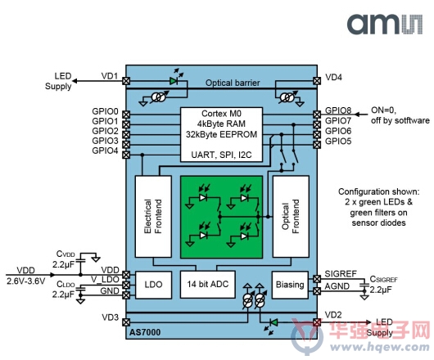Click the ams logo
click(385, 24)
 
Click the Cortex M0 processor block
click(221, 134)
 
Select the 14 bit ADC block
click(208, 284)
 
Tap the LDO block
click(153, 285)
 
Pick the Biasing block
click(290, 285)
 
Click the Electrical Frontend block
click(153, 217)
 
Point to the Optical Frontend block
click(291, 217)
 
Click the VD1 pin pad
click(126, 81)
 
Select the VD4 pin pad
click(317, 81)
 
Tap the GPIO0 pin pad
click(126, 115)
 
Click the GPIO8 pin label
click(338, 110)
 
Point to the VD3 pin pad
click(126, 322)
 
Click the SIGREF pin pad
click(317, 279)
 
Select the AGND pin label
click(337, 286)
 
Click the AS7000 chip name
click(145, 332)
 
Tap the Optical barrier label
click(233, 83)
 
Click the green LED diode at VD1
click(174, 81)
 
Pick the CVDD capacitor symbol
click(81, 260)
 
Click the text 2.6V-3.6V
click(26, 281)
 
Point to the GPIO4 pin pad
click(126, 155)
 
